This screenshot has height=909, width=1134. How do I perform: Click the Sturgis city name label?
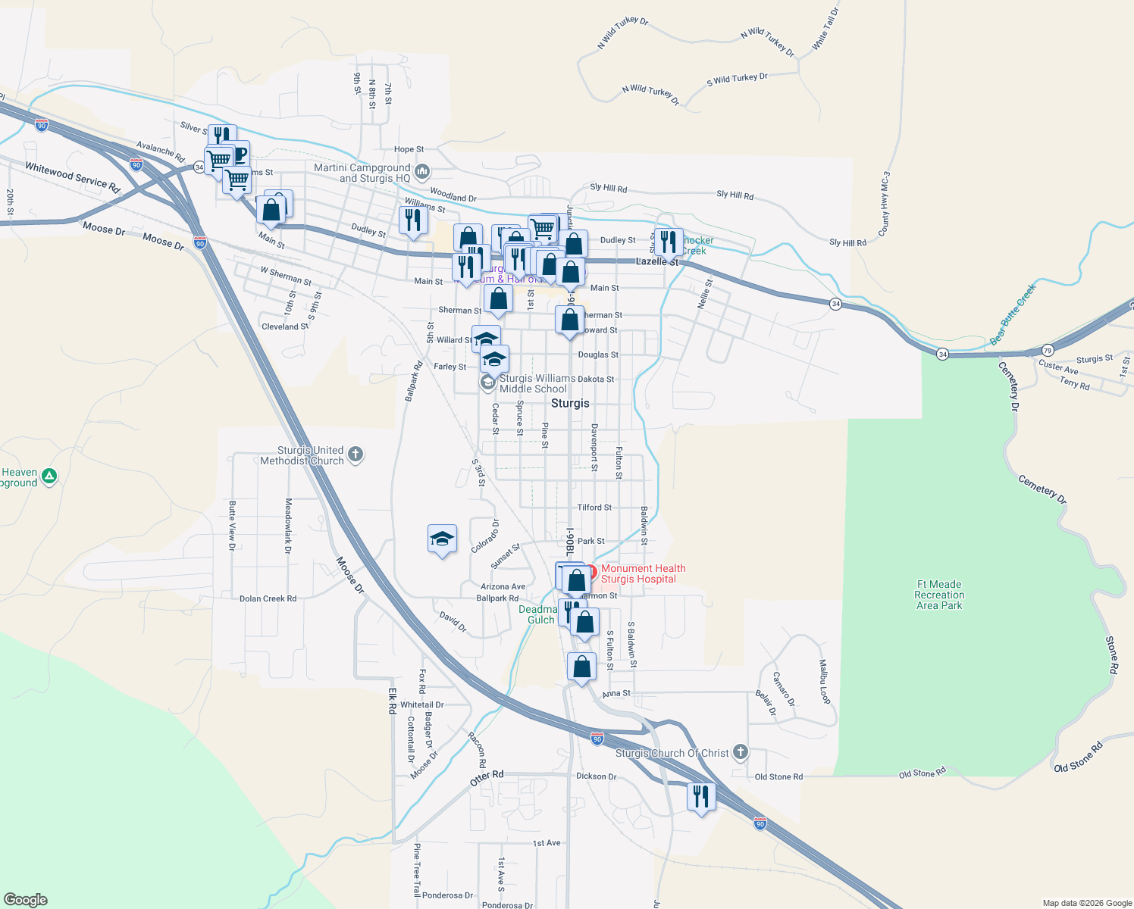[570, 404]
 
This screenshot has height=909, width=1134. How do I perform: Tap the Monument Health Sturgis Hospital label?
[643, 573]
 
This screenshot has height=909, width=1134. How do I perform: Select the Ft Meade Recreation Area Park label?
[939, 595]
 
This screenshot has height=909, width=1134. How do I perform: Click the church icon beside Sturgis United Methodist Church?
[356, 455]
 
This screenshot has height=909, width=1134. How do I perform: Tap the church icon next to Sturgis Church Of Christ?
[741, 752]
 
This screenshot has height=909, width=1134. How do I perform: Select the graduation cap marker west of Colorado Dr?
[442, 539]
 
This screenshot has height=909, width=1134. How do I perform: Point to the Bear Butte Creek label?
[1013, 315]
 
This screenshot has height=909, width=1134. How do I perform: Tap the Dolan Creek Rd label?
[268, 598]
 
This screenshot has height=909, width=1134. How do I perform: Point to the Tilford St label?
[594, 508]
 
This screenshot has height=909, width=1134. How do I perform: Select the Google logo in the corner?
[25, 900]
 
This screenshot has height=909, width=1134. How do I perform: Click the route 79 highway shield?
[1047, 350]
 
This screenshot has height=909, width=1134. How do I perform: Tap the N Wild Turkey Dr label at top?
[622, 33]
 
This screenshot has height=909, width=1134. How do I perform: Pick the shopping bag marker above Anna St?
[581, 667]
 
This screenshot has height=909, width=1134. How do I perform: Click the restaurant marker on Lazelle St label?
[668, 242]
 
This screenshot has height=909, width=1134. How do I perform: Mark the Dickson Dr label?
[597, 776]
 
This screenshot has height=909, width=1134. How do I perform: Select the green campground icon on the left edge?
[49, 476]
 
